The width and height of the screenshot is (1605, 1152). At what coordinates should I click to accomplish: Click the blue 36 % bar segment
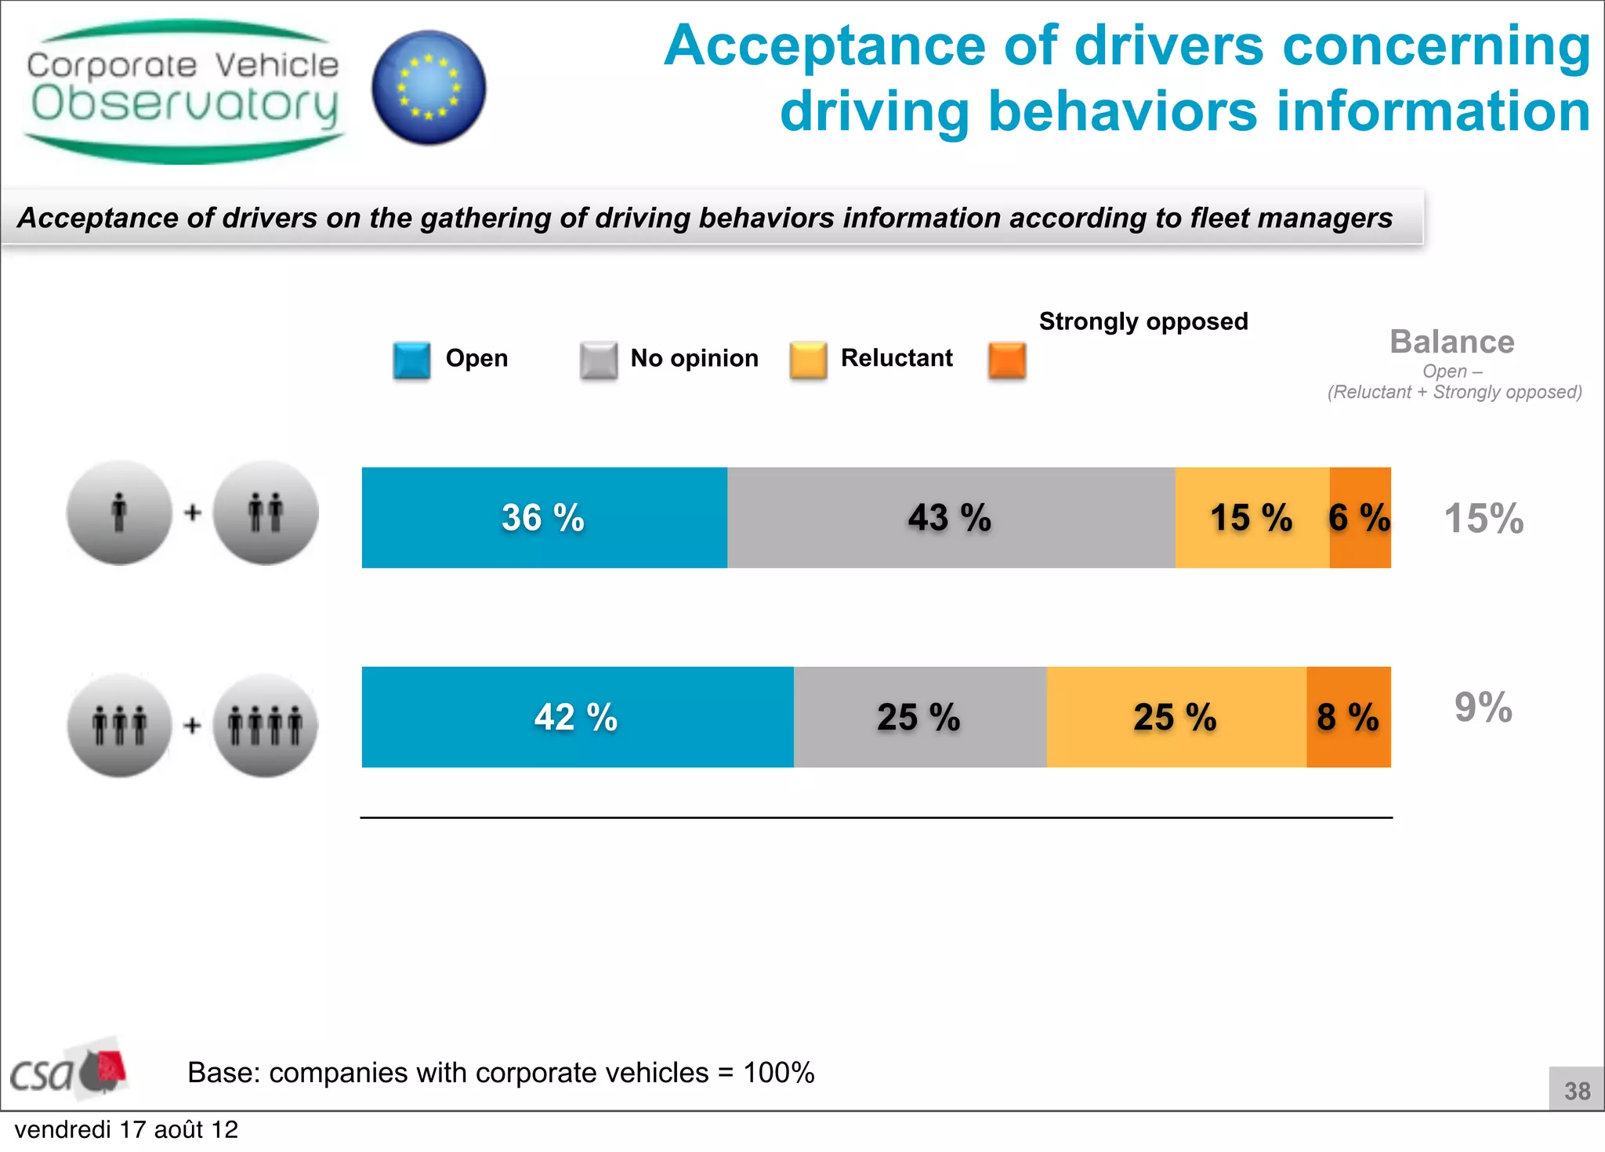tap(544, 517)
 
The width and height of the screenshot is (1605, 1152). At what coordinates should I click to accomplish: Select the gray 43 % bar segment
tap(951, 517)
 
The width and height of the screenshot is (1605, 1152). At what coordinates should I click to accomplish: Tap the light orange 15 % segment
tap(1252, 517)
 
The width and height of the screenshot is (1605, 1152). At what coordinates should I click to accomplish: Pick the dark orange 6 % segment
tap(1360, 517)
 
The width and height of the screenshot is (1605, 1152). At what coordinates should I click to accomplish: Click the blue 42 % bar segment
tap(577, 716)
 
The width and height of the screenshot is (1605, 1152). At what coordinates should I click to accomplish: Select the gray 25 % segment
tap(919, 716)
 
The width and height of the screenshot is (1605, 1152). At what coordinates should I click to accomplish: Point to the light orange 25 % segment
tap(1176, 716)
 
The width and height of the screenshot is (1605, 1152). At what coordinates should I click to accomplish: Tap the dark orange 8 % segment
tap(1349, 716)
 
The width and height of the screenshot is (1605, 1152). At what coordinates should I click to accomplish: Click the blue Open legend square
tap(411, 360)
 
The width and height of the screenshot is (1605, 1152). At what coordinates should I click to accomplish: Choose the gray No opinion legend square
tap(599, 360)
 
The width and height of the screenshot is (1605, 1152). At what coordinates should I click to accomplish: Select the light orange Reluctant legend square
tap(808, 360)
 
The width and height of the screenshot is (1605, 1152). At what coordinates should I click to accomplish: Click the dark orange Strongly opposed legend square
tap(1007, 360)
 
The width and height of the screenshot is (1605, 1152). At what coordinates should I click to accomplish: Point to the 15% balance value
tap(1484, 519)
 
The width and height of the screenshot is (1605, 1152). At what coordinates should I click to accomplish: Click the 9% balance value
tap(1483, 708)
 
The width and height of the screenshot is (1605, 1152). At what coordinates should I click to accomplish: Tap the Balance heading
tap(1451, 342)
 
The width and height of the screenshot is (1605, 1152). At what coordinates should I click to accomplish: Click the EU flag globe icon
tap(429, 88)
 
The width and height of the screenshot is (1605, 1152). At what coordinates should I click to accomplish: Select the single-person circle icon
tap(119, 513)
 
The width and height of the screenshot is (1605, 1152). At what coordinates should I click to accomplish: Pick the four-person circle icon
tap(265, 725)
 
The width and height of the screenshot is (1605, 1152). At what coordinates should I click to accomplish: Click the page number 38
tap(1577, 1090)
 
